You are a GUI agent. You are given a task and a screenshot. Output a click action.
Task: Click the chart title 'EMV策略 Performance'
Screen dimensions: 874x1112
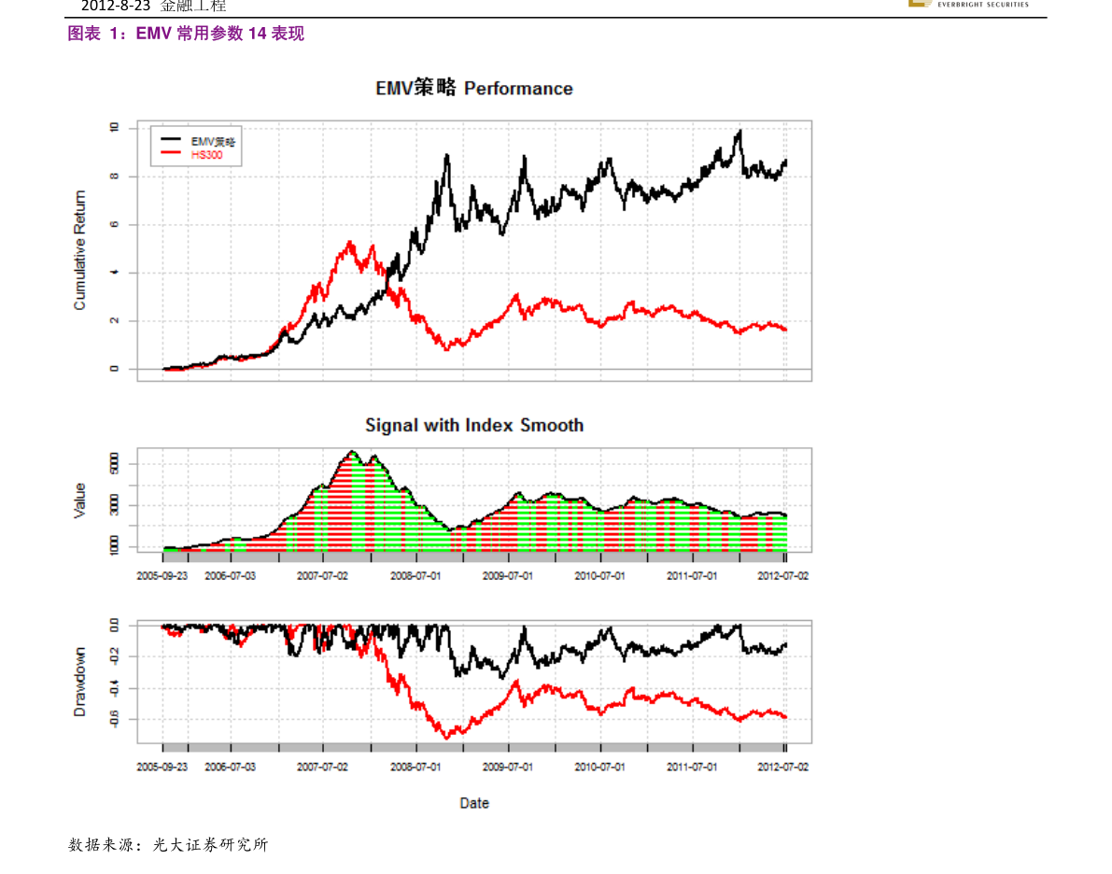pos(474,89)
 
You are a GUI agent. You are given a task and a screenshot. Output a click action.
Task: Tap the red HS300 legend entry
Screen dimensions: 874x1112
pos(206,155)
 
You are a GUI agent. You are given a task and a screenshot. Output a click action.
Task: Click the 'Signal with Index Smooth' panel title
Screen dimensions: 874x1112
pos(474,426)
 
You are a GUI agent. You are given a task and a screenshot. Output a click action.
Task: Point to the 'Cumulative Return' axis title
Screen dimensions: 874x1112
pos(80,250)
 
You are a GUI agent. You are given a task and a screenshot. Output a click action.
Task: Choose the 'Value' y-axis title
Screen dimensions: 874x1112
pos(80,500)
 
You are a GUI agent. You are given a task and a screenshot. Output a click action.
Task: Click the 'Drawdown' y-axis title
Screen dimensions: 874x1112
pos(80,682)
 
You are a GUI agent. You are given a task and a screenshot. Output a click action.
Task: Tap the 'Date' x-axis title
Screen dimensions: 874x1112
pos(474,803)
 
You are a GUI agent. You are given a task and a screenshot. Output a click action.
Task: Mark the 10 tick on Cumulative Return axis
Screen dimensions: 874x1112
pos(114,128)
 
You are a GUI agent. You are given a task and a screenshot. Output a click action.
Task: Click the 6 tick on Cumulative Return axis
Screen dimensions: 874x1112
pos(114,225)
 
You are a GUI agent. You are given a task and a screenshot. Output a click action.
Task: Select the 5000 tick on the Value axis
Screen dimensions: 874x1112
pos(114,464)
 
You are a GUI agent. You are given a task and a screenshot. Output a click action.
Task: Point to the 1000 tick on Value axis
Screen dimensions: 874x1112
pos(114,547)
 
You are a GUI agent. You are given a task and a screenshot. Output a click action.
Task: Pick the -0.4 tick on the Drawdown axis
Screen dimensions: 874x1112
pos(114,688)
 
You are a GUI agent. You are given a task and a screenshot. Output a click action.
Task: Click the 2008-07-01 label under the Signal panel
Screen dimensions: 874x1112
pos(415,576)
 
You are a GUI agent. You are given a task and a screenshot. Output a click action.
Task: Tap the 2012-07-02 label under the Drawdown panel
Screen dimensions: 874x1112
pos(783,767)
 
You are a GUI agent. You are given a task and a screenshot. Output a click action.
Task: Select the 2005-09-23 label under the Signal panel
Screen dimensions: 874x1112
pos(162,576)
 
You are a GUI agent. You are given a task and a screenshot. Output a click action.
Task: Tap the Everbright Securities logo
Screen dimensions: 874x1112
pos(968,4)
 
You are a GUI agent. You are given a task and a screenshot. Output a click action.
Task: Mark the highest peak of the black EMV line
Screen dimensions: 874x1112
pos(739,132)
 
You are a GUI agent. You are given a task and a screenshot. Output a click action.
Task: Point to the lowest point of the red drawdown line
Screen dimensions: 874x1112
pos(446,738)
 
